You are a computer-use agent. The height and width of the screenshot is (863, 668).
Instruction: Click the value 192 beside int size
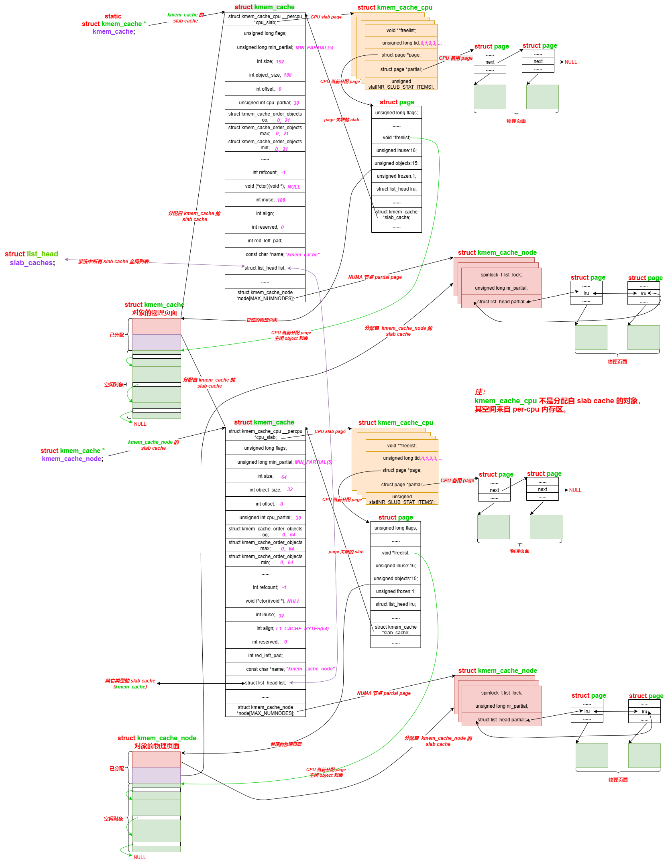click(x=280, y=62)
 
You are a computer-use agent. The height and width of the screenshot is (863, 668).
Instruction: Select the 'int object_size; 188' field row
click(x=265, y=75)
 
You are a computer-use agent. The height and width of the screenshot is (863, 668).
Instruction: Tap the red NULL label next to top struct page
click(x=570, y=62)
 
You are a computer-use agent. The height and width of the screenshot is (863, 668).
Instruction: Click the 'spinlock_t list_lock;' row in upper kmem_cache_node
click(x=501, y=275)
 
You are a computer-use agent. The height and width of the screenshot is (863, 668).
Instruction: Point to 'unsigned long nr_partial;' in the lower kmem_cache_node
click(x=501, y=706)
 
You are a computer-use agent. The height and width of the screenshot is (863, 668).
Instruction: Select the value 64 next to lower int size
click(x=284, y=477)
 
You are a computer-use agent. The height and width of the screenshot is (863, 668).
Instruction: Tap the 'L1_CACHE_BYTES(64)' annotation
click(x=302, y=629)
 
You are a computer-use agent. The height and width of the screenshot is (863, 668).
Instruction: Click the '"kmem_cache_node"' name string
click(x=310, y=669)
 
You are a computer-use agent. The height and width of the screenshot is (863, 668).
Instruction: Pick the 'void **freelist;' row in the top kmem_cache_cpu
click(x=401, y=30)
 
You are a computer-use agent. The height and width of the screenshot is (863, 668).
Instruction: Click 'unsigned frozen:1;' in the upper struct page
click(x=396, y=176)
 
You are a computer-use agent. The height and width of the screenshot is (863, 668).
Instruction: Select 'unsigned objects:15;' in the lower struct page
click(x=395, y=579)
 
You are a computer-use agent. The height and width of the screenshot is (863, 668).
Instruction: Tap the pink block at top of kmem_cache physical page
click(x=157, y=326)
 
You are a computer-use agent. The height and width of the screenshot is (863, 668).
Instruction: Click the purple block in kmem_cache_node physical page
click(x=156, y=776)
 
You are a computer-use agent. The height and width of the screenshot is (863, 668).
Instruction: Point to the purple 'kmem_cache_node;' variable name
click(x=72, y=459)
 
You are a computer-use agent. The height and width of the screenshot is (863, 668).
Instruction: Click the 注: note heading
click(x=480, y=392)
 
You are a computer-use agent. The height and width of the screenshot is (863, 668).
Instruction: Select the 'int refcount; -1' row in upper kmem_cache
click(x=265, y=173)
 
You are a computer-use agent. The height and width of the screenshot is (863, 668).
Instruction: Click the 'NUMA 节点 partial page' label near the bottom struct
click(x=384, y=693)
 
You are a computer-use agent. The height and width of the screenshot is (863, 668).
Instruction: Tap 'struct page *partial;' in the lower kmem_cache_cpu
click(x=402, y=485)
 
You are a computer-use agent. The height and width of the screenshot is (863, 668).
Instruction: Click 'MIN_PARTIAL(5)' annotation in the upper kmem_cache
click(x=314, y=48)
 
